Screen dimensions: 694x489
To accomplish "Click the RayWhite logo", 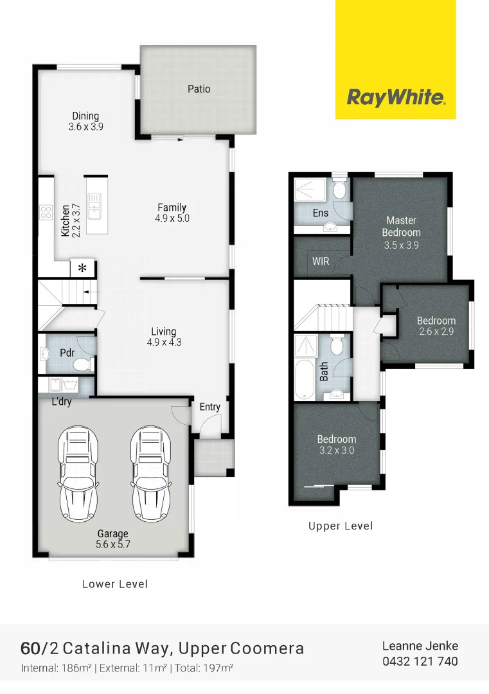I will [395, 98].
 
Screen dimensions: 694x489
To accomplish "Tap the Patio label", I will [199, 89].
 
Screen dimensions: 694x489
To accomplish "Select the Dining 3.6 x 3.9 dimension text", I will [85, 127].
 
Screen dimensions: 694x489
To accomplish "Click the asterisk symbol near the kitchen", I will [82, 269].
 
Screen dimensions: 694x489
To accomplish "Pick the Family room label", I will [172, 208].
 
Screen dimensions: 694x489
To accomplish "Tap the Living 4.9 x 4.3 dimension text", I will [164, 343].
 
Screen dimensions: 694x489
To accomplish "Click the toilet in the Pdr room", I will [82, 365].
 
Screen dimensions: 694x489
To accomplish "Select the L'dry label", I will [62, 404].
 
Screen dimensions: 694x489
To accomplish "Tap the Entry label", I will [210, 407].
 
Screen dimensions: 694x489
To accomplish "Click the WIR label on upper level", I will [321, 262].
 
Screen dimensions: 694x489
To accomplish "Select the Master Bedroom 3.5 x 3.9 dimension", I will [401, 245].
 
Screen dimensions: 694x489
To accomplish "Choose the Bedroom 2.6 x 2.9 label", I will [436, 326].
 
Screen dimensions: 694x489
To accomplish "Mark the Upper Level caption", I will [340, 526].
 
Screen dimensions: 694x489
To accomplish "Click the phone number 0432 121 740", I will [420, 661].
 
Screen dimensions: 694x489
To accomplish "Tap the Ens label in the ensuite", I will [321, 213].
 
